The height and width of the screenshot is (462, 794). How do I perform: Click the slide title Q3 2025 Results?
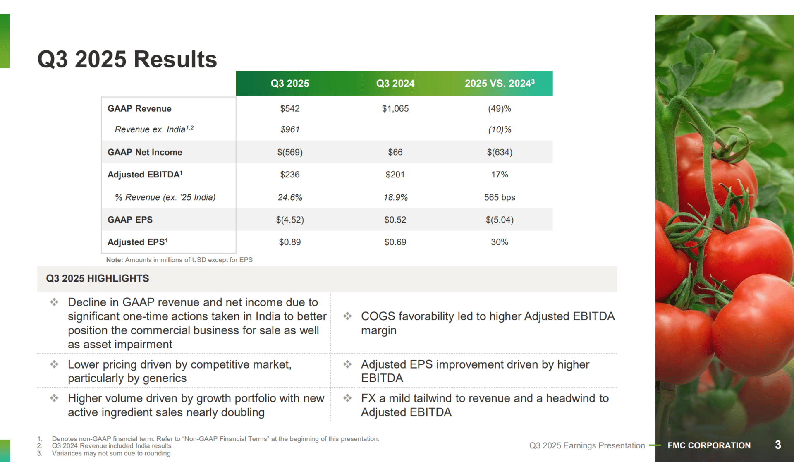(x=127, y=59)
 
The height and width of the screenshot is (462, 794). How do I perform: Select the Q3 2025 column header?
(x=290, y=84)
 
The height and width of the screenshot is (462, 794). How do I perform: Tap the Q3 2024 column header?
(x=395, y=84)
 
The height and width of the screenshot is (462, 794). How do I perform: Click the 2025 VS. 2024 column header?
(x=500, y=83)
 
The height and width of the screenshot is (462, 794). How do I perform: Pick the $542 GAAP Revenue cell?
(x=290, y=109)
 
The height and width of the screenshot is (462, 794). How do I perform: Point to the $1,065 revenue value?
(x=395, y=109)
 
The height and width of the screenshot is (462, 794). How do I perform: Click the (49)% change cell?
(x=500, y=109)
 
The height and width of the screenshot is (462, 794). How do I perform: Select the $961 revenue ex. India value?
(x=290, y=129)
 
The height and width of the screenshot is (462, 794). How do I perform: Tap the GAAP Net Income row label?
(x=145, y=152)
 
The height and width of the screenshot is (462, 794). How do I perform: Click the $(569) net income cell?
(x=290, y=152)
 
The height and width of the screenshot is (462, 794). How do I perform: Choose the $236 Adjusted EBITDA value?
(x=290, y=175)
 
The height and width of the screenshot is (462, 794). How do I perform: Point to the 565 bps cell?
(x=500, y=197)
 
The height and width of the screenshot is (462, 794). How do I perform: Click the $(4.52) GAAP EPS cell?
(x=290, y=220)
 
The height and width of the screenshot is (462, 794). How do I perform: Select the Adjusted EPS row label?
(x=138, y=242)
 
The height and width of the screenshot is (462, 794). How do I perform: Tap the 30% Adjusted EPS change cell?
(x=500, y=242)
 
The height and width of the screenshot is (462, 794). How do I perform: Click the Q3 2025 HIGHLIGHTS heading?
(x=98, y=278)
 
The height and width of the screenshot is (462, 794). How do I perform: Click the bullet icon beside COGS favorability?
(x=347, y=316)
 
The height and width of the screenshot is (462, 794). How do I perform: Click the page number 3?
(x=778, y=445)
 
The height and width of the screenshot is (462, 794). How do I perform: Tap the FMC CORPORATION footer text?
(x=709, y=445)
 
